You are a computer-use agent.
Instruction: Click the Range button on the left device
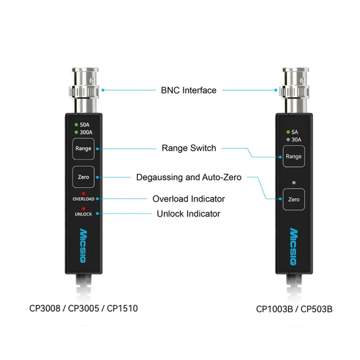coord(83,148)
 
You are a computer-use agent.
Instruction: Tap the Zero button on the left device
coord(83,177)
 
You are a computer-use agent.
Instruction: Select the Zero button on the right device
coord(293,199)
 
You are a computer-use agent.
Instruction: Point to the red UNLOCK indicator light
coord(83,208)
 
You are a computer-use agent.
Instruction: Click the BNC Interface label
coord(189,90)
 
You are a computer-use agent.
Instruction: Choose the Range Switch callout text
coord(189,148)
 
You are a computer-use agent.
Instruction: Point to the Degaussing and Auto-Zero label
coord(189,177)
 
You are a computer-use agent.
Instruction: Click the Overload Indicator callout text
coord(189,198)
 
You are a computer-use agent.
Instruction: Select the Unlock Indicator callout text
coord(189,214)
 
